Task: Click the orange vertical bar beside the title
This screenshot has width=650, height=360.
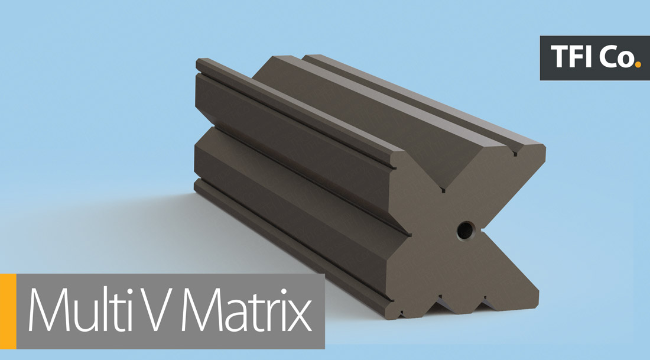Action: pyautogui.click(x=8, y=312)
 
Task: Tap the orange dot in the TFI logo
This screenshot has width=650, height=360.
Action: pyautogui.click(x=636, y=62)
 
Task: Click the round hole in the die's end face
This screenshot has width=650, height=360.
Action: pyautogui.click(x=465, y=229)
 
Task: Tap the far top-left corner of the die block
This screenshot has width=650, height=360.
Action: pyautogui.click(x=199, y=60)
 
